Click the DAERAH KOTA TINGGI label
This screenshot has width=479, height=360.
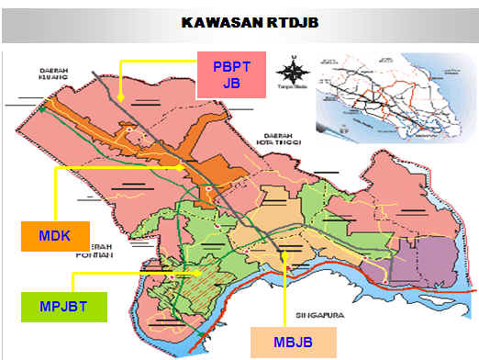(277, 139)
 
